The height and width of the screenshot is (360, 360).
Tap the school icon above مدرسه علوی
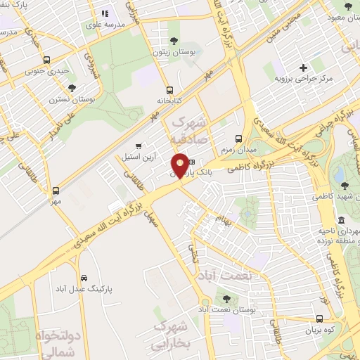tap(105, 13)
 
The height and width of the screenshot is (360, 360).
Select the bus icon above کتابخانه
tap(169, 90)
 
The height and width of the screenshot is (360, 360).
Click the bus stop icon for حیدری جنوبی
tap(46, 60)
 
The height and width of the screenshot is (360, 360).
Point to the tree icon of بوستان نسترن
tap(72, 88)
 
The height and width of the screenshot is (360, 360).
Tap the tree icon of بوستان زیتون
tap(174, 41)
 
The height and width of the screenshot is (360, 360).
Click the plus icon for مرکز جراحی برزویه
tap(303, 67)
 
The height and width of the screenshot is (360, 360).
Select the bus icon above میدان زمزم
tap(238, 139)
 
